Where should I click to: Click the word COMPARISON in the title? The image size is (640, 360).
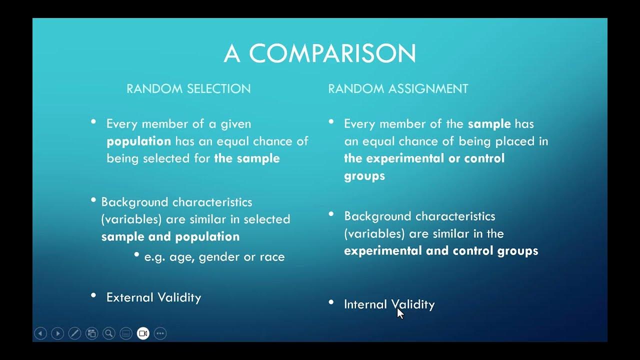pos(332,53)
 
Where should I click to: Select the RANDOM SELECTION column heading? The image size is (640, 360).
pos(188,89)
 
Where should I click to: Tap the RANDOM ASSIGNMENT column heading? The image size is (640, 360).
pos(398,89)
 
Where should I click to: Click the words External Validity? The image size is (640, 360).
pos(153,297)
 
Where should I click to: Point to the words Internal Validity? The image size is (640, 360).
pos(389,304)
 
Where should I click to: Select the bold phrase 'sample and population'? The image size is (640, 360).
pos(170,236)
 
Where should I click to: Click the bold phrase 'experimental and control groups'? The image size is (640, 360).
pos(441,250)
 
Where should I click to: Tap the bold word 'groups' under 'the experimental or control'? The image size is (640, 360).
pos(364,176)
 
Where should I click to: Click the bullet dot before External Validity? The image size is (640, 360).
pos(93,295)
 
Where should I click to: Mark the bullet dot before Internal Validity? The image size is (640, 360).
pos(331,302)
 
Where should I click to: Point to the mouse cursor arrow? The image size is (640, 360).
pos(399,312)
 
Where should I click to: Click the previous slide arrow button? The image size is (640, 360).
pos(40,333)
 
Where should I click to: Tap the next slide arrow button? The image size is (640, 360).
pos(57,333)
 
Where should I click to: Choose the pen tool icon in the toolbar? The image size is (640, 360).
pos(74,333)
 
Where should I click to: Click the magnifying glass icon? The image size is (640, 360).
pos(108,333)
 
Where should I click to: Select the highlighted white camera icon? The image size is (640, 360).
pos(143,333)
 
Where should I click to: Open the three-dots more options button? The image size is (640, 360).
pos(160,333)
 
